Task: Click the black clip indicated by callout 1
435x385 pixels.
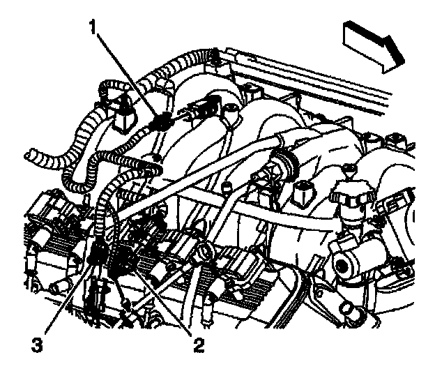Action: pyautogui.click(x=160, y=122)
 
